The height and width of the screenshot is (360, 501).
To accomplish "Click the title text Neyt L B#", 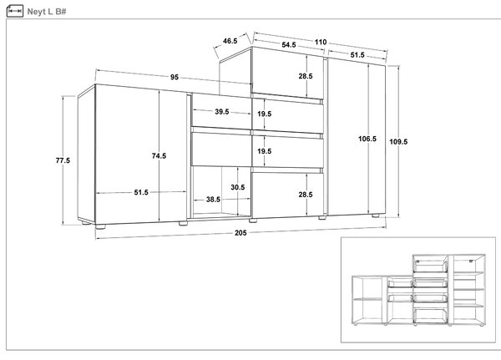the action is coord(47,12).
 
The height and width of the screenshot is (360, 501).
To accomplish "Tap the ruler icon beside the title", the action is coord(15,11).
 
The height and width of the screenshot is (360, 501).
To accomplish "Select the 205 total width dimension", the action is coord(240,233).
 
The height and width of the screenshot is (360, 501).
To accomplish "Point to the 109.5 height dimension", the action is coord(398,142).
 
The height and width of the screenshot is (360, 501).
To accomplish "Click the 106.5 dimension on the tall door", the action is coord(367,139).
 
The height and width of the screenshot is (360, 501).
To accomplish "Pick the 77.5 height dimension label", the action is coord(63,160).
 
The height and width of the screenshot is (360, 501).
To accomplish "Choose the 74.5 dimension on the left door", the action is coord(159,155).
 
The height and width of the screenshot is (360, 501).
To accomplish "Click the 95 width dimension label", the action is coord(175,77).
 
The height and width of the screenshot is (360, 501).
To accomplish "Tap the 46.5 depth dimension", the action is coord(230,41).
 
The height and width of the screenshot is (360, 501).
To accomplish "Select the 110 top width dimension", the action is coord(321,42).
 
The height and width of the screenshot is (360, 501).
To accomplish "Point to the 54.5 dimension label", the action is coord(289,45).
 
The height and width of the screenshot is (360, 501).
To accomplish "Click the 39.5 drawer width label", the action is coord(222,112).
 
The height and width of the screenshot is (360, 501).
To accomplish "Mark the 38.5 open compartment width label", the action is coord(213,200).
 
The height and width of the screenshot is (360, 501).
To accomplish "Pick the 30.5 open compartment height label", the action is coord(238,187).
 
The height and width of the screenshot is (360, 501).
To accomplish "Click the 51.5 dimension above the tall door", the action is coord(357,55).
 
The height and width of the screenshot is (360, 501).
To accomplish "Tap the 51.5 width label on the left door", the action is coord(141,192).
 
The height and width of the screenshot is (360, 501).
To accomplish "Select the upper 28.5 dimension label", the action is coord(306,76).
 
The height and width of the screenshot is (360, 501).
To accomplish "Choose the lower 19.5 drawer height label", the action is coord(265,151).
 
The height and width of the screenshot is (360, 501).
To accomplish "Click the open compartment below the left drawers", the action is coord(221,192).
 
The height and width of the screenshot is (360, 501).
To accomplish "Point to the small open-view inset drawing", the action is coord(418,290).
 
